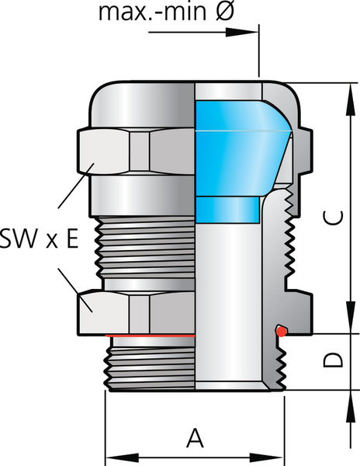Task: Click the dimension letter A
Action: click(195, 438)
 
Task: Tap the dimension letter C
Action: click(333, 217)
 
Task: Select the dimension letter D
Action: click(333, 360)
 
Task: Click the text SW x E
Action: click(40, 238)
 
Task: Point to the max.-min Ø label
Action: click(167, 12)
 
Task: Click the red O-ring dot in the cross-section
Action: click(281, 331)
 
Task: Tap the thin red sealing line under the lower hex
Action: click(151, 336)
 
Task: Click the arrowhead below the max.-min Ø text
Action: click(241, 33)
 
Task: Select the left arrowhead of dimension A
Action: click(122, 457)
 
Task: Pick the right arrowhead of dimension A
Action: click(266, 457)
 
